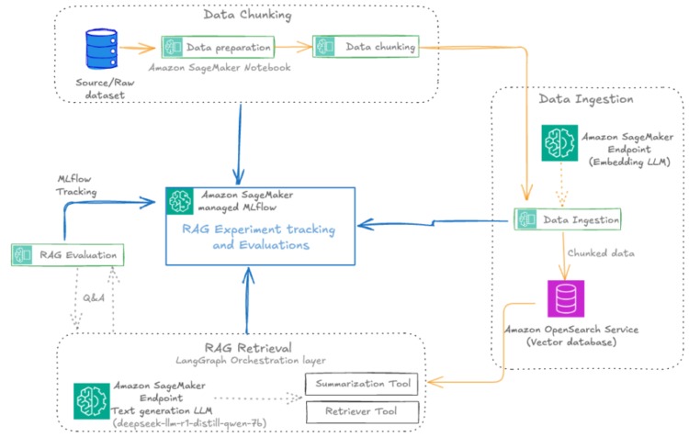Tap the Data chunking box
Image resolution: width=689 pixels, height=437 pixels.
pyautogui.click(x=365, y=46)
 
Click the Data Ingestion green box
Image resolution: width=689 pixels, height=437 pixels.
pyautogui.click(x=567, y=219)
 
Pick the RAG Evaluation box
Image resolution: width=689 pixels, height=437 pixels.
pyautogui.click(x=67, y=253)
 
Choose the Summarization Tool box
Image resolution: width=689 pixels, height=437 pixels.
pyautogui.click(x=362, y=383)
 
